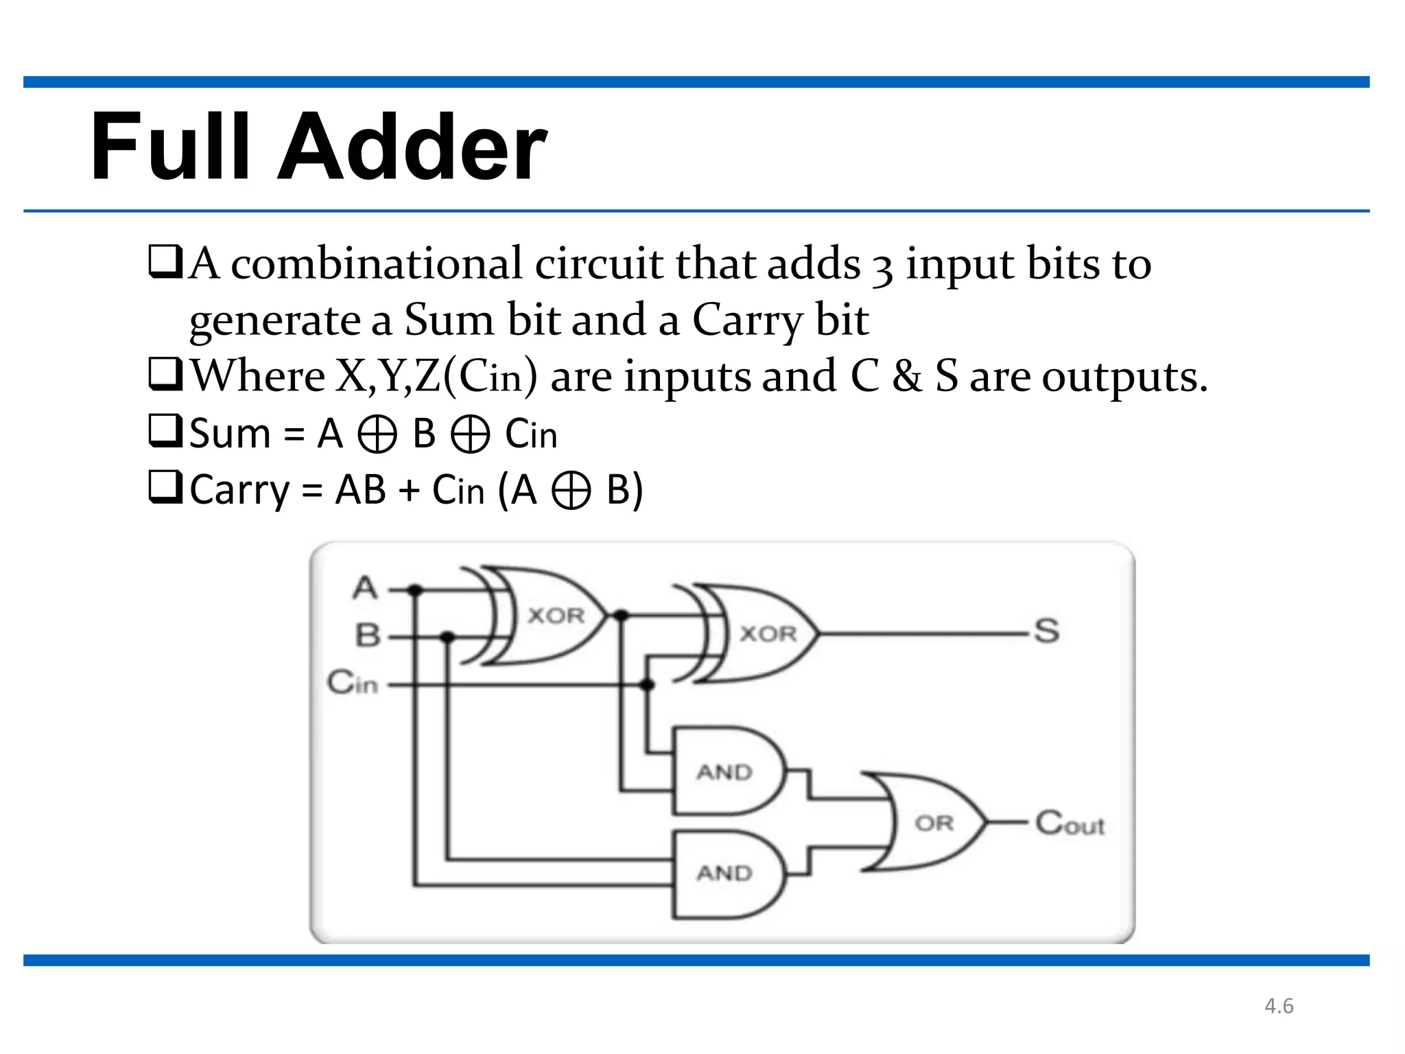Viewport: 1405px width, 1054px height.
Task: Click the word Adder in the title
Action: [412, 148]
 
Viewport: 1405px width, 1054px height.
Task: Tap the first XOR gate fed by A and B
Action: [549, 616]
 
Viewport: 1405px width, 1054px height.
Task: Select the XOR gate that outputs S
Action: [761, 633]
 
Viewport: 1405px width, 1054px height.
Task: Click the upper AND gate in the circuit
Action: [727, 771]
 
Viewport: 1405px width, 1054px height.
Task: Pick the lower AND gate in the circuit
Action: [727, 874]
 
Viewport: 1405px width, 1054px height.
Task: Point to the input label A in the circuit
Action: [366, 588]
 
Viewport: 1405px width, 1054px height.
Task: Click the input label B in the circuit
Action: [368, 635]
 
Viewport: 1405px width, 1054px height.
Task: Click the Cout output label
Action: [1070, 823]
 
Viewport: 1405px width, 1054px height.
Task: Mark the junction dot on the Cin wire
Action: [647, 685]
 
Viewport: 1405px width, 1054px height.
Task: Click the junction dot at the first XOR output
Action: [621, 616]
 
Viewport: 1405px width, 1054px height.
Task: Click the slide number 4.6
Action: [1279, 1006]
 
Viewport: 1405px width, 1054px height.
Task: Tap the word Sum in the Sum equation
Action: [230, 434]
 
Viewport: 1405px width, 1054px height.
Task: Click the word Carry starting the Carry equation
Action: [239, 491]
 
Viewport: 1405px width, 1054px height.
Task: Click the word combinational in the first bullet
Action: [376, 263]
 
